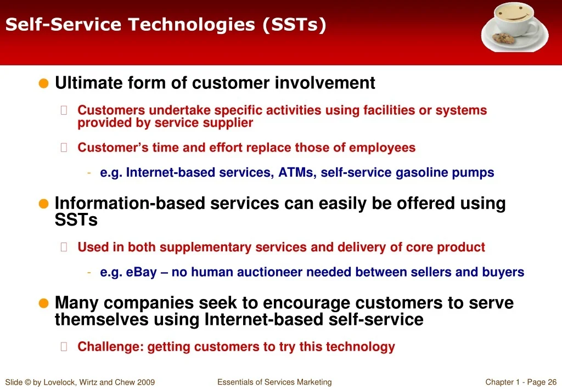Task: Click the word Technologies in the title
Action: pyautogui.click(x=192, y=25)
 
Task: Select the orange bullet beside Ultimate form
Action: pyautogui.click(x=43, y=83)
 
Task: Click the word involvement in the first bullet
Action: pyautogui.click(x=325, y=83)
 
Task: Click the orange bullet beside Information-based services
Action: pyautogui.click(x=43, y=204)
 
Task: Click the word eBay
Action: pyautogui.click(x=141, y=272)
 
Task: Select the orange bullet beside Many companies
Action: pyautogui.click(x=43, y=303)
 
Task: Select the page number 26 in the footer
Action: pyautogui.click(x=552, y=382)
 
